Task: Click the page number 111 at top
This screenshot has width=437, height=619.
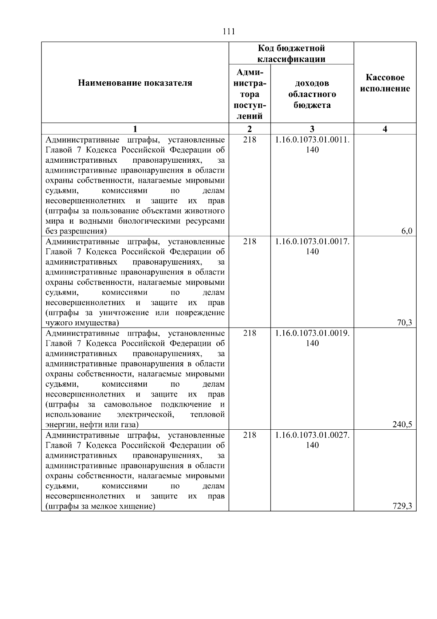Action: [x=229, y=31]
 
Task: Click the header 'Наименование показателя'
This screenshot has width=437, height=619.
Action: [x=135, y=83]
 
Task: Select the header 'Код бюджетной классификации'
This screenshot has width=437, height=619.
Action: [x=291, y=54]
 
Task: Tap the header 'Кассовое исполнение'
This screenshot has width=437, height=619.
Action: [x=385, y=83]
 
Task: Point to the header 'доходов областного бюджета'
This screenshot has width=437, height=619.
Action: [x=312, y=94]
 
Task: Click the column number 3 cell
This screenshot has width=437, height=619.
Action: [x=312, y=129]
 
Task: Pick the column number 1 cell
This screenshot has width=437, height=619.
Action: [x=135, y=129]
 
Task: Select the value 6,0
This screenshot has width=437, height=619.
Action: [x=407, y=231]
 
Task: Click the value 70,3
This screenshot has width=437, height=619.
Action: [x=405, y=323]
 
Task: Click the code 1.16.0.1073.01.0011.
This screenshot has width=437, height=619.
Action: [x=312, y=140]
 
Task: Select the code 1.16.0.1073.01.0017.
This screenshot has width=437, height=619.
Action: [x=312, y=241]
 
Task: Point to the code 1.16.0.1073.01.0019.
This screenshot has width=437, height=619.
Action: [x=312, y=333]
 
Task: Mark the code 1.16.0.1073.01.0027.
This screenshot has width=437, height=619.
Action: [x=312, y=435]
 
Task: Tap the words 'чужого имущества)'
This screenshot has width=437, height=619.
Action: [x=82, y=323]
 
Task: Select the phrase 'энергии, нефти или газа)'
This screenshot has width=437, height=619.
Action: [x=92, y=425]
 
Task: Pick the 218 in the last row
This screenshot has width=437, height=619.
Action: [x=249, y=435]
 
